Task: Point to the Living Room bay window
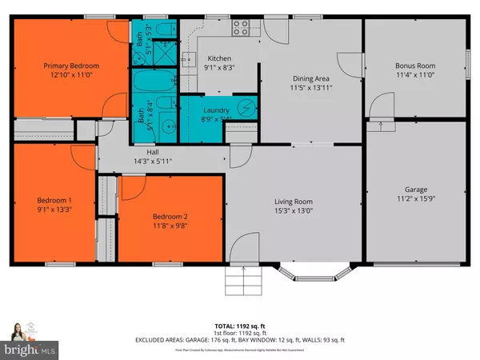(312, 274)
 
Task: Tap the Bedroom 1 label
(54, 200)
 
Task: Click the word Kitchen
(220, 58)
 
